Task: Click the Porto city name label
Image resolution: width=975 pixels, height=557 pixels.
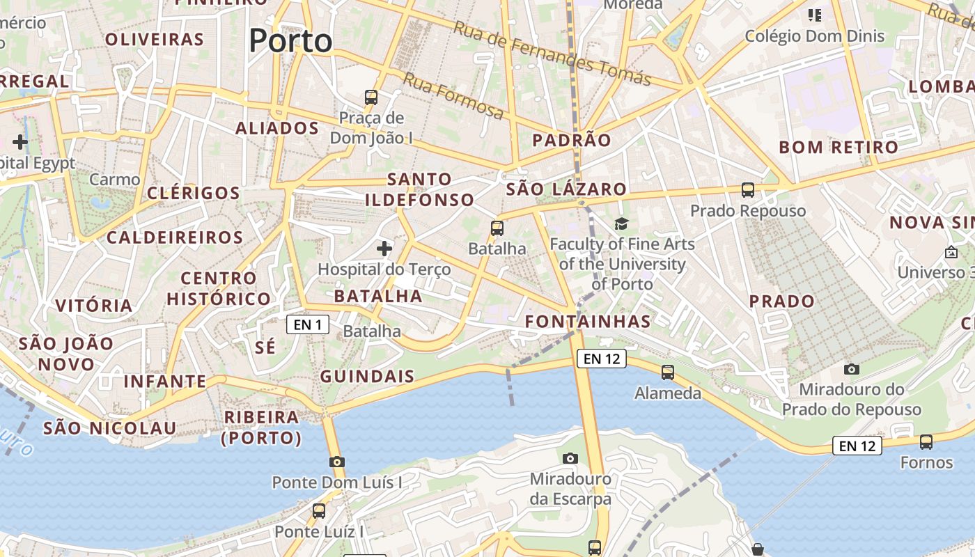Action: (290, 40)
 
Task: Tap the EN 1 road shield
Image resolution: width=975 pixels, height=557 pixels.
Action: (308, 324)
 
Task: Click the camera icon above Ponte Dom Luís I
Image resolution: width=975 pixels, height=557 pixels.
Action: (337, 462)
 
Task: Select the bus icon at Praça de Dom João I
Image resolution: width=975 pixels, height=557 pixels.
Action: (371, 97)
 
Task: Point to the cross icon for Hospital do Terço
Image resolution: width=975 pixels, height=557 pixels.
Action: (384, 248)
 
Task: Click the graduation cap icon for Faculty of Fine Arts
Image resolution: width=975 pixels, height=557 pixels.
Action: (621, 223)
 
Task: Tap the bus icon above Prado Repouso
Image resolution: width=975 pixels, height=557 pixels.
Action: (748, 189)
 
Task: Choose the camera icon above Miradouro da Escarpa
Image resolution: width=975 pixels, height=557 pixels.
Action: (570, 458)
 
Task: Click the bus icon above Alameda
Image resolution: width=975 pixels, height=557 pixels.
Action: (668, 372)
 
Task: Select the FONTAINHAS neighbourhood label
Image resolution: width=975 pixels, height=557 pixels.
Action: (588, 322)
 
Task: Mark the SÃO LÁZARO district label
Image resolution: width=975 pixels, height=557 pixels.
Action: (566, 189)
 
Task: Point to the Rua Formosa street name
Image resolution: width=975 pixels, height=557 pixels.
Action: (453, 96)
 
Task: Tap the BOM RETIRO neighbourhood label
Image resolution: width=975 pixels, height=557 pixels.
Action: (838, 147)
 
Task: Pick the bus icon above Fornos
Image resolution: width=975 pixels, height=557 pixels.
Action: (926, 441)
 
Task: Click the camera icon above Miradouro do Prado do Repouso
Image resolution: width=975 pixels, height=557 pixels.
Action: (851, 368)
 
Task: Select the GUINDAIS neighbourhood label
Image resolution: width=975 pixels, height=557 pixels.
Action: (367, 377)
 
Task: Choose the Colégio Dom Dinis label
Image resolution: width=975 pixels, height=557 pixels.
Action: (815, 36)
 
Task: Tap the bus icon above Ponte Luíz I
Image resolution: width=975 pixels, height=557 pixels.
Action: (319, 510)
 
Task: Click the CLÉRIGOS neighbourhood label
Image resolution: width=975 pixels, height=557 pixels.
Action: (194, 193)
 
